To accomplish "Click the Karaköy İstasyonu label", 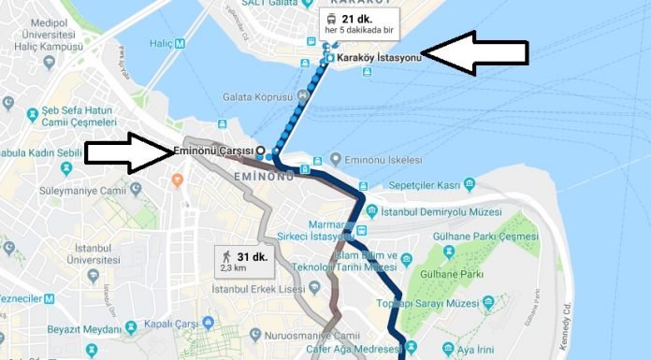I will (378, 57).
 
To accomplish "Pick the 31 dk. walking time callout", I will (242, 260).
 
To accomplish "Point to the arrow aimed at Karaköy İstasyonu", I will (475, 52).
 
